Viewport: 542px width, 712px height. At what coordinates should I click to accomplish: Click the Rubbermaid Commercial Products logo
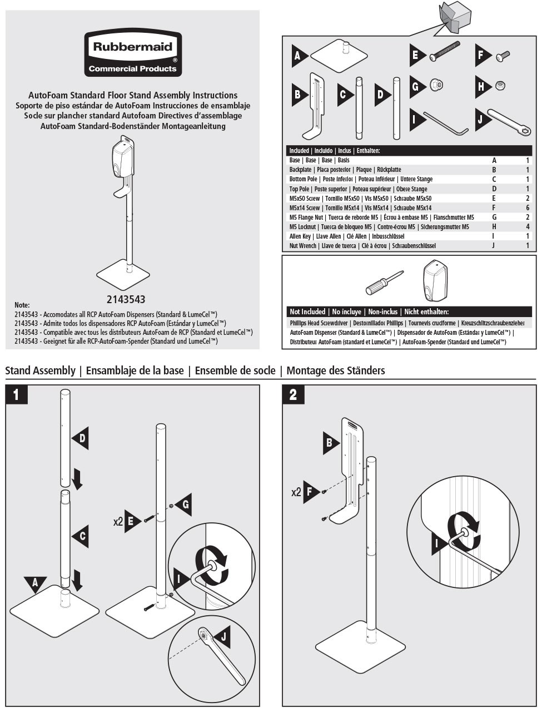[133, 53]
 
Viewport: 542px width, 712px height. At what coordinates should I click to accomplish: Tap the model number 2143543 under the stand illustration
[126, 299]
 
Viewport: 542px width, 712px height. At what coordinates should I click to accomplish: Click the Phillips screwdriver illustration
[384, 282]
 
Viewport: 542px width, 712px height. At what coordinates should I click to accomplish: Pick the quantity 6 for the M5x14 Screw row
[528, 207]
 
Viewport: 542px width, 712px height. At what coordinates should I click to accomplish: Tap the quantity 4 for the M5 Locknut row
[528, 227]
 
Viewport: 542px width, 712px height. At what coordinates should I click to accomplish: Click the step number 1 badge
[17, 394]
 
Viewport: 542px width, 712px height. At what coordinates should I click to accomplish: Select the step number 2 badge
[293, 394]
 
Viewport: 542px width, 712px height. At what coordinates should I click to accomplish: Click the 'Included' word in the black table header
[299, 151]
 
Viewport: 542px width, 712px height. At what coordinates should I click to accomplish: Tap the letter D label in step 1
[82, 438]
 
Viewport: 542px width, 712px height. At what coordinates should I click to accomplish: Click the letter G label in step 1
[185, 504]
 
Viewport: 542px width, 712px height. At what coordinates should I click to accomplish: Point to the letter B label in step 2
[330, 443]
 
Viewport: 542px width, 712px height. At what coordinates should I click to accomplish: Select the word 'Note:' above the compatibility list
[22, 305]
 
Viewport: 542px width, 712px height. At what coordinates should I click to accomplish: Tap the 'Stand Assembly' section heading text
[40, 370]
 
